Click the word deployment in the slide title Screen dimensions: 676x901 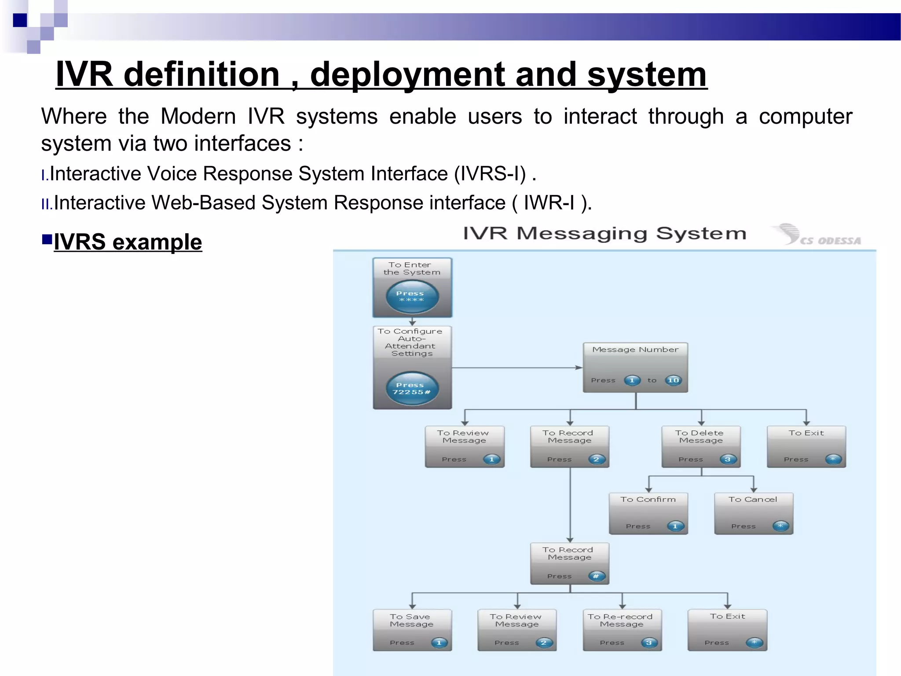pos(407,75)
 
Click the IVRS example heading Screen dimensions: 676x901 pos(128,242)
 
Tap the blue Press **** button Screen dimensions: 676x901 pos(412,297)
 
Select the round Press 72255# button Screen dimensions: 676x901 pos(412,388)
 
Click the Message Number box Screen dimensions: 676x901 pos(635,367)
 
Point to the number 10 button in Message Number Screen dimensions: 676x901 pos(673,380)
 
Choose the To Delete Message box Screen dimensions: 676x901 pos(701,446)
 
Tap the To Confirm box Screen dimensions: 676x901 pos(648,513)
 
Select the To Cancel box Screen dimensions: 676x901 pos(753,513)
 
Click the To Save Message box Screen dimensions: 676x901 pos(412,630)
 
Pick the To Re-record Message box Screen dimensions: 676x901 pos(622,630)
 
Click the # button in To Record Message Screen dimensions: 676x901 pos(596,576)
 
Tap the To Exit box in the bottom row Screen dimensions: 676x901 pos(727,630)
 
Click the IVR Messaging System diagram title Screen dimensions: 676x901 pos(604,233)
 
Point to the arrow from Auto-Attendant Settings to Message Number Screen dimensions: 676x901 pos(517,367)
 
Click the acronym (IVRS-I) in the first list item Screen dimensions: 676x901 pos(490,174)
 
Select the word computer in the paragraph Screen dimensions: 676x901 pos(805,117)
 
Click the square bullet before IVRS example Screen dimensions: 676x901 pos(47,239)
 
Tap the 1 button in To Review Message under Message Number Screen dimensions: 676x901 pos(491,459)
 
